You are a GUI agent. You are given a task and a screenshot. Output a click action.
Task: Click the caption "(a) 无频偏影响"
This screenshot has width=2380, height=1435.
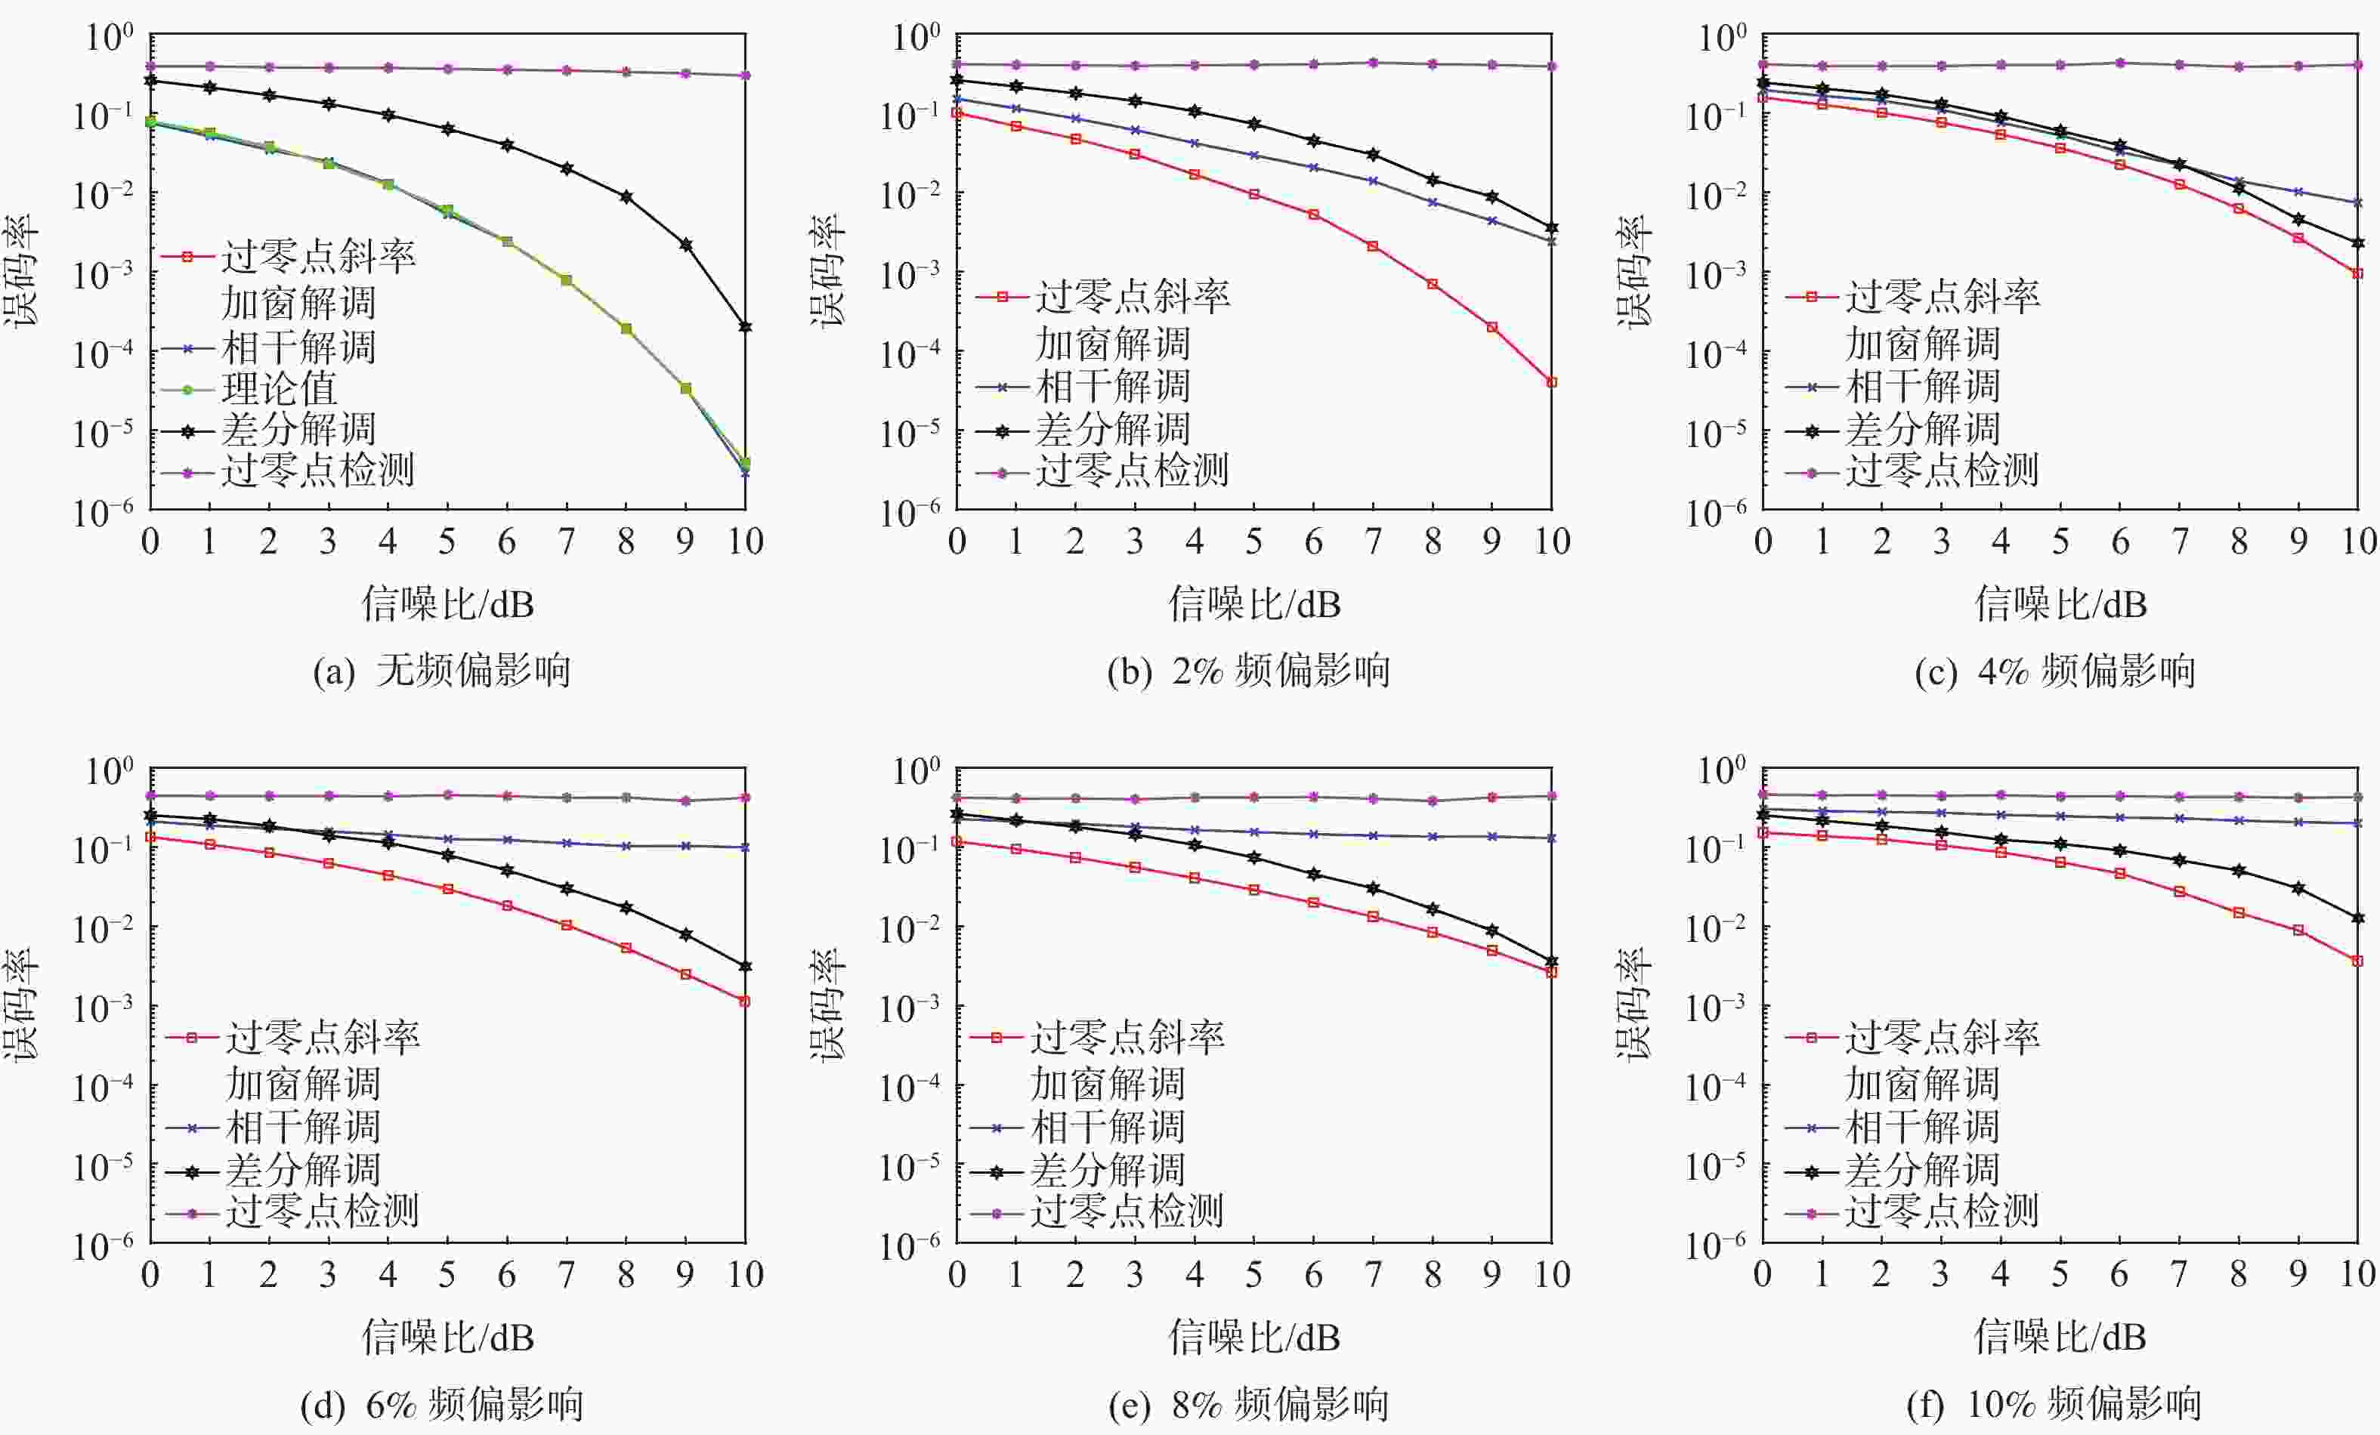(441, 670)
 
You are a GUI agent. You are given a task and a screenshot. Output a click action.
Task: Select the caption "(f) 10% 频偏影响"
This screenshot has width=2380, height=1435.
(2054, 1403)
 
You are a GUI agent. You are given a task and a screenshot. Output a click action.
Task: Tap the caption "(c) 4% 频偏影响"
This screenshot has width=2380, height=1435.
(2054, 670)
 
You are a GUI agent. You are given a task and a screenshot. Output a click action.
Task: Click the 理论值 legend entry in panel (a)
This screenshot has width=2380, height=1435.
(279, 389)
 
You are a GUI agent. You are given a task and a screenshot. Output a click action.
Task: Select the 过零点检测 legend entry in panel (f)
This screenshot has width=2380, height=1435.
(1942, 1211)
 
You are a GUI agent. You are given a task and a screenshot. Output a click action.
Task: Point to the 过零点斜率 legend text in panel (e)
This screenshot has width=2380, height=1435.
(1127, 1037)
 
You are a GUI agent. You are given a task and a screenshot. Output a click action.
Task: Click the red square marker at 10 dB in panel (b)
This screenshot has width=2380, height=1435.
(1551, 382)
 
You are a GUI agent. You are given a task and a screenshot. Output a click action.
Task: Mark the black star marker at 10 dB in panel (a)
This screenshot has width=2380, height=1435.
(745, 327)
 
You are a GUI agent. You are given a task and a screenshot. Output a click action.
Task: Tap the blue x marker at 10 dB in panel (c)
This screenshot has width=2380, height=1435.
(2358, 203)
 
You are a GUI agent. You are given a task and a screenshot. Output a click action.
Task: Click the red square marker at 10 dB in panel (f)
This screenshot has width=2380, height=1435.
(2358, 961)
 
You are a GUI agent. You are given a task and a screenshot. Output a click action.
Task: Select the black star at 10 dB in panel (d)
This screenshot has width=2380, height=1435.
(745, 967)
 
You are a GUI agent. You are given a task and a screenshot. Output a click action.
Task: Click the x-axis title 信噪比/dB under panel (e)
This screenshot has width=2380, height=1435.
(1253, 1338)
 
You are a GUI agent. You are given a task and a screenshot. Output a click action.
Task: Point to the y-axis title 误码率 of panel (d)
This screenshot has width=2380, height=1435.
(21, 1004)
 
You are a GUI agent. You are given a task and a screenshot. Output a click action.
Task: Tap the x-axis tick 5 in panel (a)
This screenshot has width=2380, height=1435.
(447, 542)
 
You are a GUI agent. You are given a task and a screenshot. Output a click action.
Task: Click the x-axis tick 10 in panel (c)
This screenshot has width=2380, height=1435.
(2358, 542)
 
